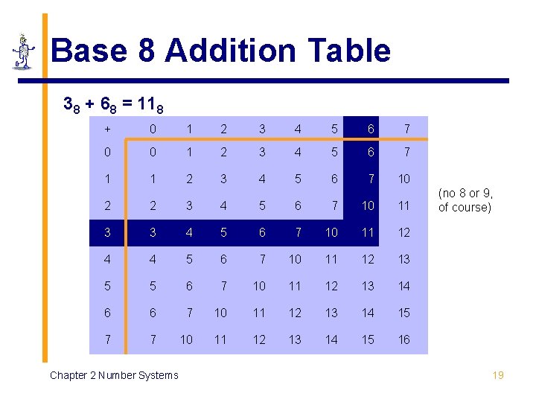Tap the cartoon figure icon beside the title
tap(25, 51)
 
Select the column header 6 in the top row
tap(368, 129)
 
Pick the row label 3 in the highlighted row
tap(108, 232)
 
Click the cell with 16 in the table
tap(403, 339)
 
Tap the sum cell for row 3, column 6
tap(368, 232)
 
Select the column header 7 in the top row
tap(406, 129)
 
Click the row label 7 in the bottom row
tap(108, 339)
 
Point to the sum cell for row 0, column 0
tap(153, 152)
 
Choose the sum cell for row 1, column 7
tap(403, 179)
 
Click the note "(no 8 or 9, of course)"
tap(465, 201)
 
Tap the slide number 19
tap(498, 374)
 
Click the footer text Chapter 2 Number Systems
tap(114, 375)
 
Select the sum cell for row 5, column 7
tap(403, 286)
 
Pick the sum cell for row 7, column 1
tap(186, 339)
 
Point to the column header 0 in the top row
tap(153, 129)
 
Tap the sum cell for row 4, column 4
tap(296, 259)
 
